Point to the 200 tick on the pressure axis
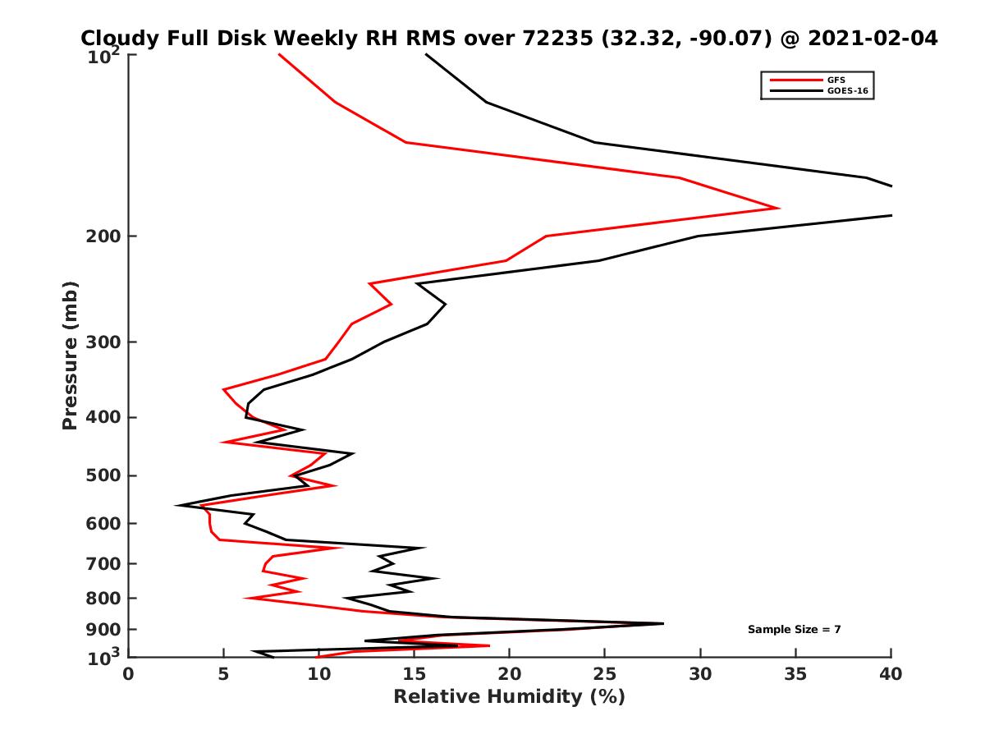(104, 236)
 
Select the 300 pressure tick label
(104, 342)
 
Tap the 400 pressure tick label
(104, 417)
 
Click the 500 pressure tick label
(104, 475)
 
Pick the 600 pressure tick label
(104, 523)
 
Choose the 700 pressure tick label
(104, 563)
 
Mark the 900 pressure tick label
(104, 630)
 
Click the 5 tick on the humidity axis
(223, 674)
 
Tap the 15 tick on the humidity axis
(414, 674)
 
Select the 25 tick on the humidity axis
(605, 674)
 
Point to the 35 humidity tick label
(795, 674)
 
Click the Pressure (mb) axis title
(70, 355)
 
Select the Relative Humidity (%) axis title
(509, 697)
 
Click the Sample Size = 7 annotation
(794, 630)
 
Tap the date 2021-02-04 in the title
(873, 38)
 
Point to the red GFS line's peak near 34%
(777, 208)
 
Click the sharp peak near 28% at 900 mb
(662, 624)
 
